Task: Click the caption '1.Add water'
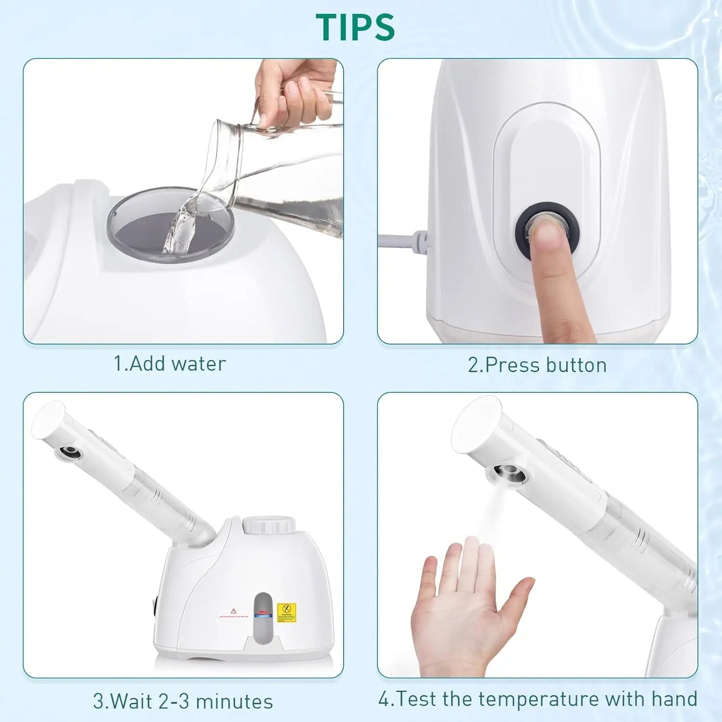(x=169, y=364)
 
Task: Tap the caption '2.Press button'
(x=537, y=365)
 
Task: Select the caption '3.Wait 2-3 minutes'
(x=183, y=701)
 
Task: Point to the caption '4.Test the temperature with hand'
(x=538, y=699)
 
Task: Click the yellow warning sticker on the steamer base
(x=286, y=613)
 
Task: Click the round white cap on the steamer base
(x=269, y=525)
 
